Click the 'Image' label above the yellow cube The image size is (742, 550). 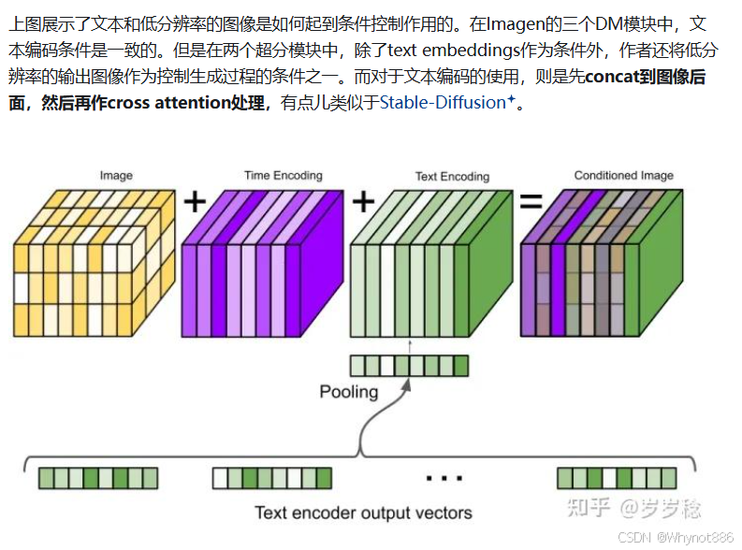pos(116,175)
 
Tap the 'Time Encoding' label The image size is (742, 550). pos(283,175)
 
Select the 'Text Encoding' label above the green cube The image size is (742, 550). pos(452,176)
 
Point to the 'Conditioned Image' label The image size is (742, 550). pos(623,175)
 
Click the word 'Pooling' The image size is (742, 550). pos(349,391)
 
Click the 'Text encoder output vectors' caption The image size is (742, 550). pos(363,512)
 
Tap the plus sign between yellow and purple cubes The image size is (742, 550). pos(194,200)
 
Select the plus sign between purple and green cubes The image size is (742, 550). pos(363,200)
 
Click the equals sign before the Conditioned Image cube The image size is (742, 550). pos(531,200)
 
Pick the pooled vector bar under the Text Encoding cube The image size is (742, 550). pos(409,365)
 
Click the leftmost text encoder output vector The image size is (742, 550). pos(96,479)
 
